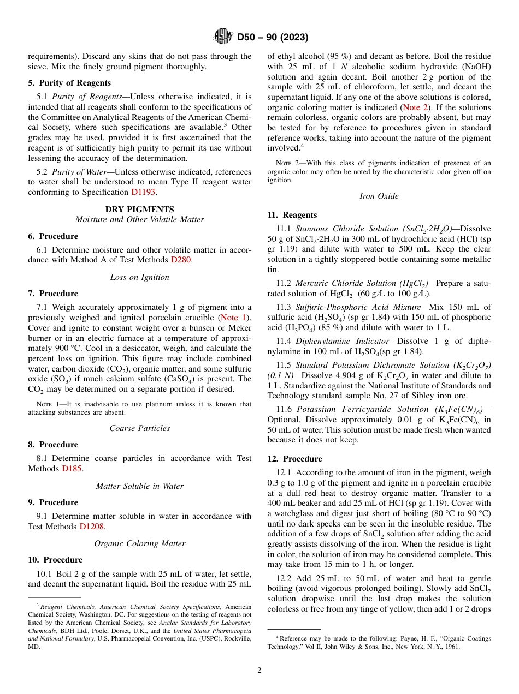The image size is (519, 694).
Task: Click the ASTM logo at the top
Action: (x=223, y=37)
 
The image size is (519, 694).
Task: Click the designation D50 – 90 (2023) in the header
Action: (x=273, y=37)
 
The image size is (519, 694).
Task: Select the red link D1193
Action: (x=144, y=192)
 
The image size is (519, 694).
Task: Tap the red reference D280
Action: (x=181, y=260)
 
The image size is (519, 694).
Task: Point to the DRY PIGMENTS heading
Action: (x=139, y=210)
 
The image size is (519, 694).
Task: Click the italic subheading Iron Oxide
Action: (x=379, y=196)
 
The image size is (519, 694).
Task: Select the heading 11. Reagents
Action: (x=292, y=215)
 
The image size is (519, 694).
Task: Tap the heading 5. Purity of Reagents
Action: (x=69, y=83)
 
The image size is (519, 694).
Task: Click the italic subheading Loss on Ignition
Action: (x=139, y=277)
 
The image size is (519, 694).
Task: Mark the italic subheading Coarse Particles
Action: (x=139, y=428)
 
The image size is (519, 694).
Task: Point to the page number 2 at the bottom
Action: (x=259, y=671)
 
